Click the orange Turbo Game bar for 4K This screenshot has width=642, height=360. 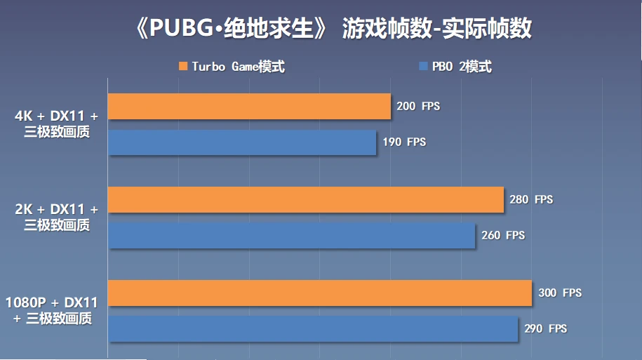point(249,106)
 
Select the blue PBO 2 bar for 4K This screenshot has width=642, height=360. point(242,142)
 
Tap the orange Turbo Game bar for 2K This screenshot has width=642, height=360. point(306,199)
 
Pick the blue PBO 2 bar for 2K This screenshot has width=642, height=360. point(292,235)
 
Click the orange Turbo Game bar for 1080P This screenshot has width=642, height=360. point(320,293)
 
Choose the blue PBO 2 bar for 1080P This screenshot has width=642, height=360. point(313,328)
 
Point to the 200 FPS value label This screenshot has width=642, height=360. point(418,106)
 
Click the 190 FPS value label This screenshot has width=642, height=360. point(404,142)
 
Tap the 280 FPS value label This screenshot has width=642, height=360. point(531,199)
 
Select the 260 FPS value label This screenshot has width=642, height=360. point(503,235)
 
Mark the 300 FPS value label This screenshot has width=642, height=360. point(560,293)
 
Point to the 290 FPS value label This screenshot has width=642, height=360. point(545,328)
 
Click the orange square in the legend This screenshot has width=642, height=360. point(183,67)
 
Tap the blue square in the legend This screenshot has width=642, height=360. point(423,67)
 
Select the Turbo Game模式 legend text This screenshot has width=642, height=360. point(238,67)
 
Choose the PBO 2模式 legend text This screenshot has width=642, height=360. point(461,67)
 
